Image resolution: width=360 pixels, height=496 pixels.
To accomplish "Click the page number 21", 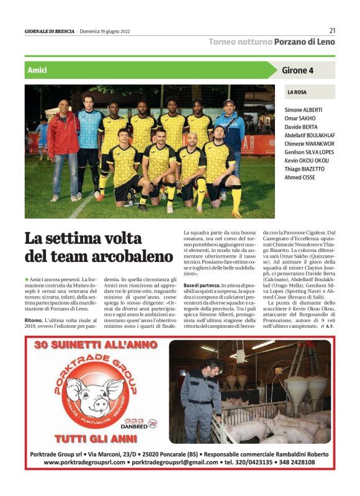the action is (332, 30).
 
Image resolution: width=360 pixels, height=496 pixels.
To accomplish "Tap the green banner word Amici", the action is (37, 70).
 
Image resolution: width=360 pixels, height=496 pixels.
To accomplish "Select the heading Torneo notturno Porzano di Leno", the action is (272, 42).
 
